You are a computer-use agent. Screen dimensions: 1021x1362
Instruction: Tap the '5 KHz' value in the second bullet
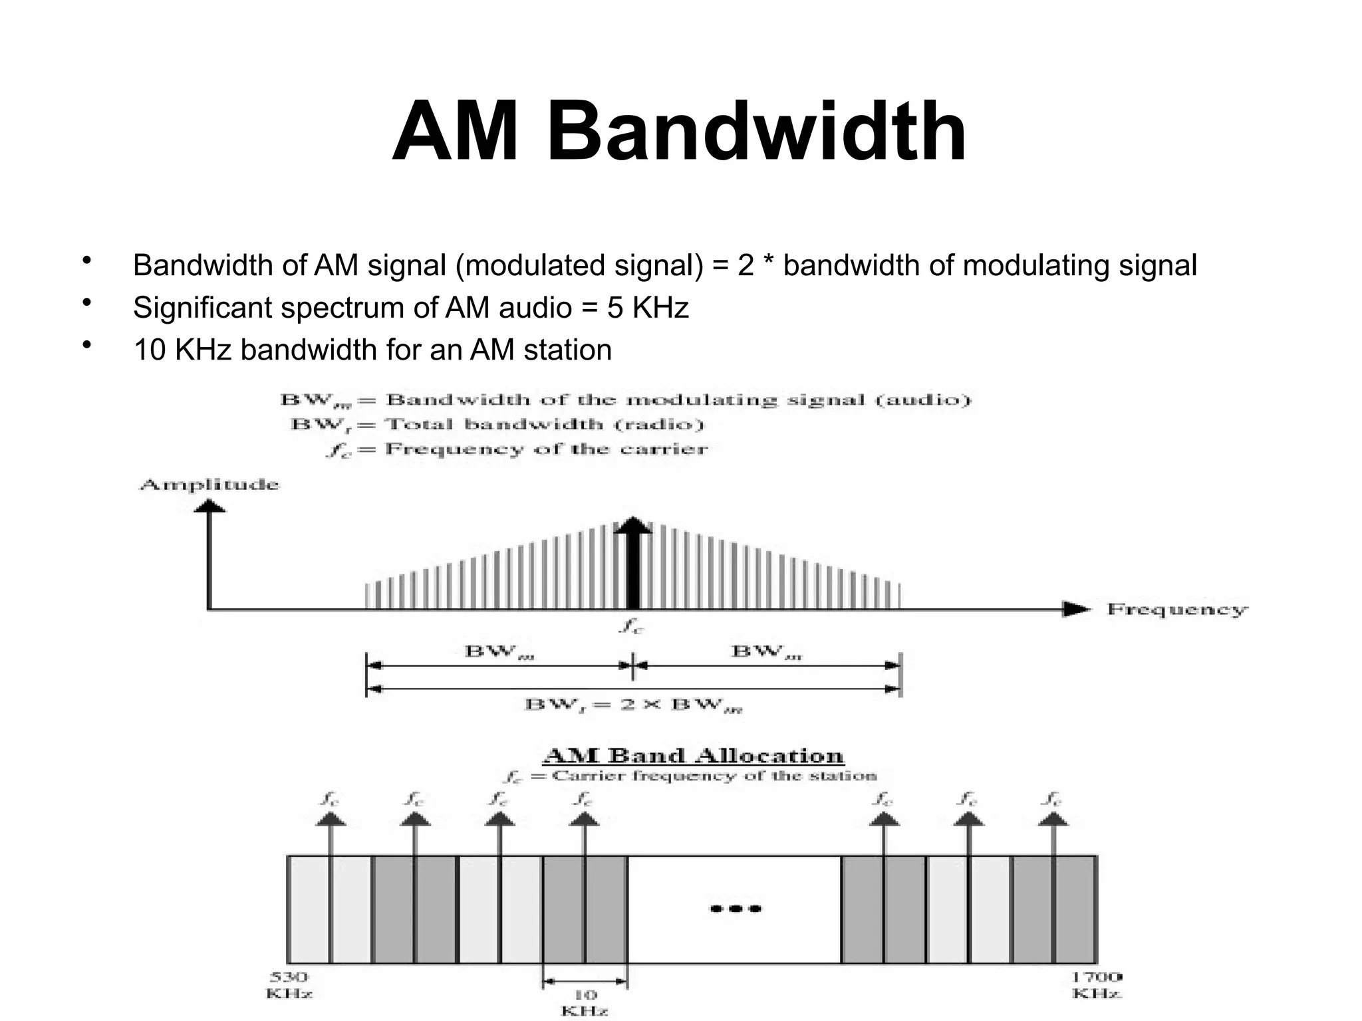click(x=647, y=308)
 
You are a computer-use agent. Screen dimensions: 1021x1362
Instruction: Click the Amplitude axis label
click(x=209, y=485)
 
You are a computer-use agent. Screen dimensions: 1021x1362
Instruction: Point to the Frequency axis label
click(x=1176, y=610)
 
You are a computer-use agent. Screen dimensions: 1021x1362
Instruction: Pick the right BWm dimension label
click(x=766, y=651)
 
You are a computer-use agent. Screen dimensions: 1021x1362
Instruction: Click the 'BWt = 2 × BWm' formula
click(x=633, y=705)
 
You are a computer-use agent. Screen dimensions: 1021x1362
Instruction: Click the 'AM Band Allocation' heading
click(x=694, y=756)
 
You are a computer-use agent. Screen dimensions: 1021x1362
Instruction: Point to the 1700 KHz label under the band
click(x=1097, y=985)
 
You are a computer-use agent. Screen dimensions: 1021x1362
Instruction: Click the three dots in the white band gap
click(x=736, y=909)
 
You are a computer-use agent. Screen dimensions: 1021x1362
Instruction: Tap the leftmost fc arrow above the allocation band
click(x=330, y=824)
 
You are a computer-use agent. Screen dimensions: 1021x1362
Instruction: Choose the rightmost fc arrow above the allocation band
click(x=1053, y=824)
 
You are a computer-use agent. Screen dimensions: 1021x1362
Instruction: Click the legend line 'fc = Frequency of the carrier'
click(x=517, y=449)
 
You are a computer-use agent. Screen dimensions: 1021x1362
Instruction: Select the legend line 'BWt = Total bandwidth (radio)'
click(x=497, y=425)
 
